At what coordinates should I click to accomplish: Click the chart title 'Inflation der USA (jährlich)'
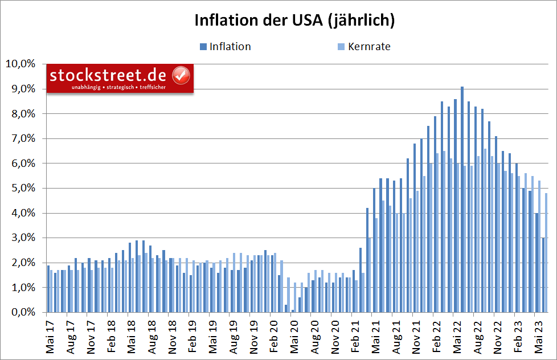pos(294,21)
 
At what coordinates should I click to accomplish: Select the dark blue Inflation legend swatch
pos(203,47)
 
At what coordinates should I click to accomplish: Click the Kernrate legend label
pos(369,47)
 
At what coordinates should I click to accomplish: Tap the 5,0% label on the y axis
pos(22,188)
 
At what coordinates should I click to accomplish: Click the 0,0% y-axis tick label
pos(22,312)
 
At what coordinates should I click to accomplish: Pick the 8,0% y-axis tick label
pos(22,113)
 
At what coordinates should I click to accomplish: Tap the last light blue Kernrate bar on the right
pos(546,253)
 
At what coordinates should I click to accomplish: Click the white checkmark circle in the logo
pos(181,75)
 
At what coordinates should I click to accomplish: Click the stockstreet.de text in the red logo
pos(108,75)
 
